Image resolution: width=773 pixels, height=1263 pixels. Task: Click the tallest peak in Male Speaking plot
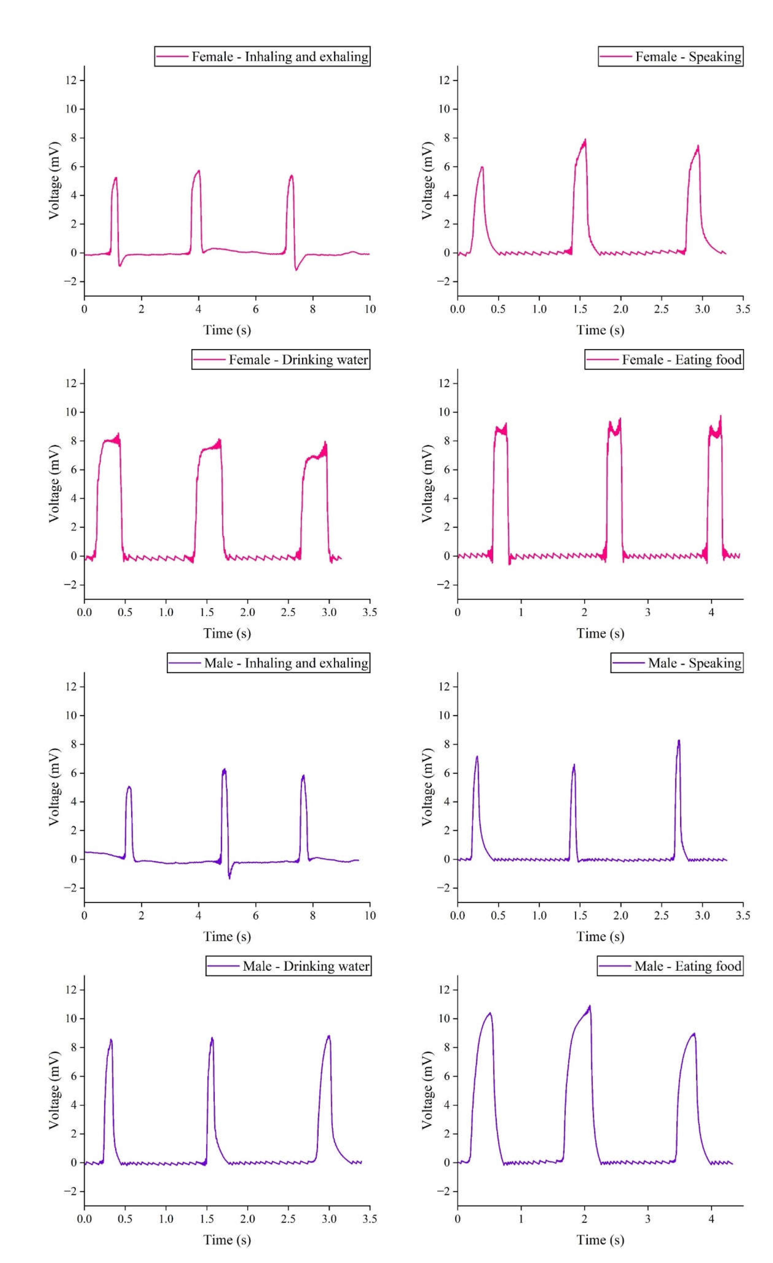[x=679, y=741]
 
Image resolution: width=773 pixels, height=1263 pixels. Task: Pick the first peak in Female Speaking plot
[x=482, y=167]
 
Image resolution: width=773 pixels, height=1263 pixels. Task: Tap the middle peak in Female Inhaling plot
[x=198, y=171]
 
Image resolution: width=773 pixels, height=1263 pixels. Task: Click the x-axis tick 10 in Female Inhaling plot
[x=370, y=309]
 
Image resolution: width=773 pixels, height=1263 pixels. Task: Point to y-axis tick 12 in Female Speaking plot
[x=444, y=80]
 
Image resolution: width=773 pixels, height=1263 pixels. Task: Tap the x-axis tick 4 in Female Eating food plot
[x=711, y=612]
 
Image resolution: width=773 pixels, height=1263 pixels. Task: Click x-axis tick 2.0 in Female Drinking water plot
[x=248, y=612]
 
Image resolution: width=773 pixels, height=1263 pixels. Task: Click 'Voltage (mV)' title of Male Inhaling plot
[x=54, y=787]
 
